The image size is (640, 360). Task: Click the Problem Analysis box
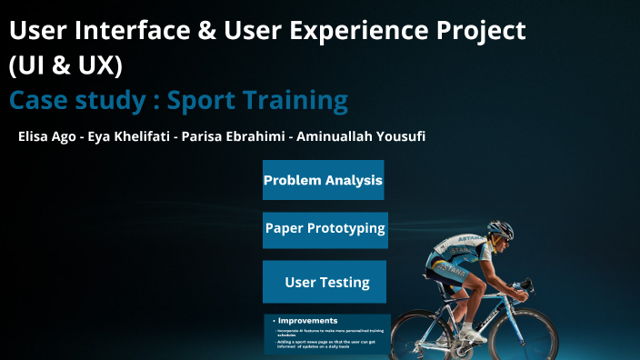click(x=323, y=180)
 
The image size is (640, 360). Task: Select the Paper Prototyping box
click(x=325, y=229)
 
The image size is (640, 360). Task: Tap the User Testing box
click(x=325, y=282)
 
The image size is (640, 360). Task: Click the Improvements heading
click(x=307, y=321)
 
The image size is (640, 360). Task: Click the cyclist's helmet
click(x=499, y=229)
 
